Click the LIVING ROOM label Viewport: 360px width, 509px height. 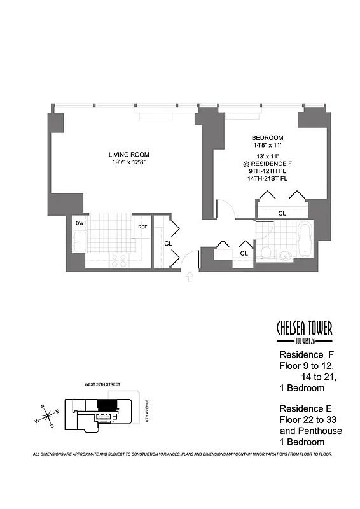click(x=128, y=154)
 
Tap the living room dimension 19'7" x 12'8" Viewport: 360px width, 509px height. click(x=128, y=163)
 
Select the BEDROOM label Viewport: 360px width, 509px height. click(x=267, y=138)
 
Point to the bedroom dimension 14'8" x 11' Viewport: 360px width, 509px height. click(x=267, y=146)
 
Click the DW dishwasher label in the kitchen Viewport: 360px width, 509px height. click(x=80, y=223)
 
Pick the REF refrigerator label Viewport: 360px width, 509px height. click(x=142, y=226)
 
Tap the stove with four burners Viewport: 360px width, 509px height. click(x=118, y=260)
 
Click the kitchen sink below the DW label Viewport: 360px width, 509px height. click(x=80, y=242)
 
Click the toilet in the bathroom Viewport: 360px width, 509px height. click(x=266, y=253)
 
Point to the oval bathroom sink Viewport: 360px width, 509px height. click(x=286, y=256)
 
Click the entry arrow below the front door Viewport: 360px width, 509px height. click(x=189, y=276)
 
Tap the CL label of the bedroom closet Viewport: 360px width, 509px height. click(x=282, y=213)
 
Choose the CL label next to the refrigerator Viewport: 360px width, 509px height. click(x=169, y=243)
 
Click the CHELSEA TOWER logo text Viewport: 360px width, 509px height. click(x=304, y=328)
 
